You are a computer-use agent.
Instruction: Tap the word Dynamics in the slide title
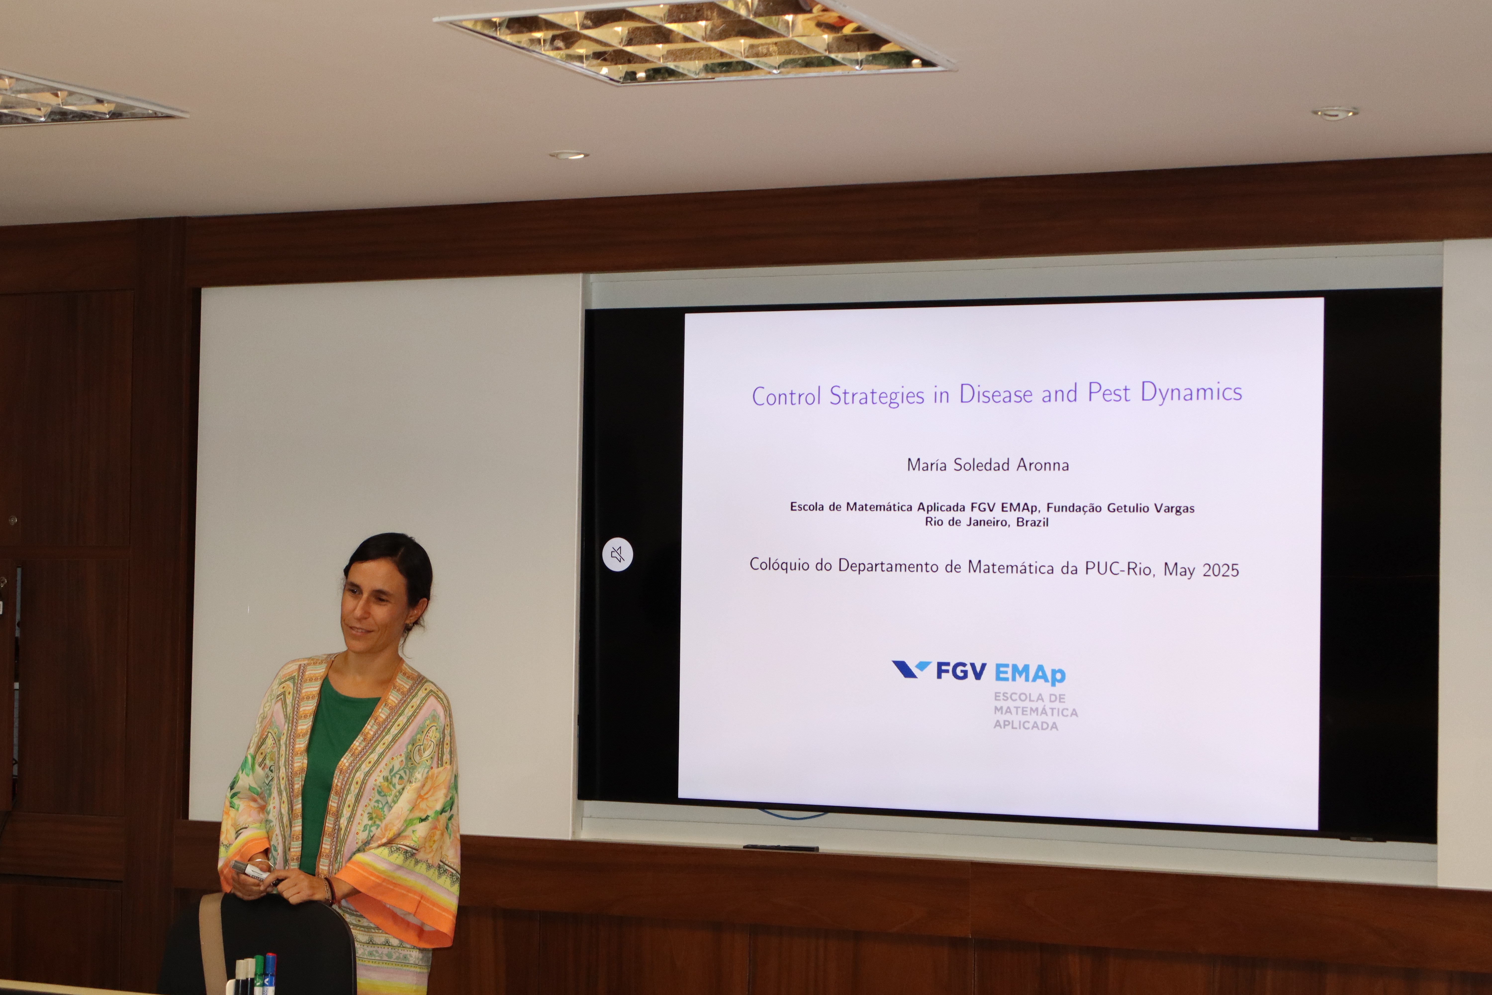1191,392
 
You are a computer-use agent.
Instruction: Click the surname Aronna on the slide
1043,465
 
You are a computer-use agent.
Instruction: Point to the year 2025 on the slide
1220,570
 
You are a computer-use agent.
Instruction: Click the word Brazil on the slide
1032,522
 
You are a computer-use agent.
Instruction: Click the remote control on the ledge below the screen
780,848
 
